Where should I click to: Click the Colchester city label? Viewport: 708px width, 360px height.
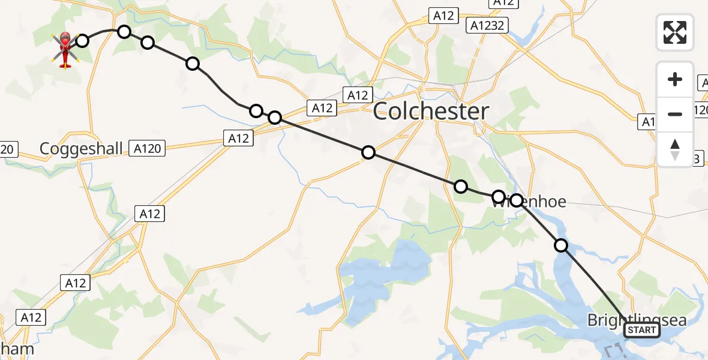click(x=431, y=112)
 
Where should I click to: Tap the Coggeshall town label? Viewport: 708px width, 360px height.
click(x=81, y=148)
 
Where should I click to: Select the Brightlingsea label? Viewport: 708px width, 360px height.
click(x=637, y=320)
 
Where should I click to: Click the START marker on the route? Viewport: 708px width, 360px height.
click(x=641, y=330)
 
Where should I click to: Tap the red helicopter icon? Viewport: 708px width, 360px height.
click(x=65, y=48)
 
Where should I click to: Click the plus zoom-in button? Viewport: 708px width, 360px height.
click(x=675, y=79)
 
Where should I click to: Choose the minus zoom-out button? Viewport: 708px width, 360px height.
click(x=675, y=114)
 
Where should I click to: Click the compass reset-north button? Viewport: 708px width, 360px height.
click(x=675, y=149)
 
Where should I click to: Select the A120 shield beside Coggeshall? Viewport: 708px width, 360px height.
click(x=148, y=148)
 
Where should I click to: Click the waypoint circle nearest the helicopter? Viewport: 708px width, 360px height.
click(x=82, y=41)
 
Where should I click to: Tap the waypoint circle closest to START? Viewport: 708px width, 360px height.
click(x=560, y=245)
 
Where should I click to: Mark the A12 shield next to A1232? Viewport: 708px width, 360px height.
click(x=443, y=16)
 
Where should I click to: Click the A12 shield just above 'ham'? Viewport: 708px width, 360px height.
click(x=31, y=317)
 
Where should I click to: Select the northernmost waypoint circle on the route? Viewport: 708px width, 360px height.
click(x=124, y=31)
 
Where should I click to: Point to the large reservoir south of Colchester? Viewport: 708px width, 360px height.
click(x=384, y=270)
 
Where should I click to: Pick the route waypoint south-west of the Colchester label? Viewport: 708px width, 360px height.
click(x=368, y=152)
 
